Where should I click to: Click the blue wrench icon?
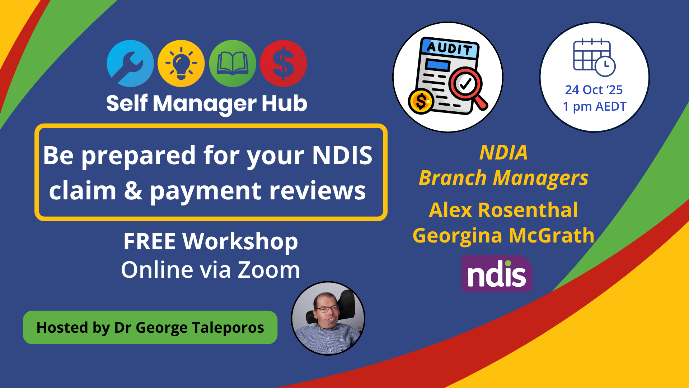(x=130, y=64)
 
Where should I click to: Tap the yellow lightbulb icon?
(x=181, y=64)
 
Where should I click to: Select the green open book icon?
(x=233, y=64)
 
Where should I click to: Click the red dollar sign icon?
(x=283, y=64)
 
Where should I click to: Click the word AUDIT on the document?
(x=450, y=48)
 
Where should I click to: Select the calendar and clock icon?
(x=594, y=57)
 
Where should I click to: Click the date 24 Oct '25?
(x=594, y=90)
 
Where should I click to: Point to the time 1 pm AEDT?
(x=595, y=107)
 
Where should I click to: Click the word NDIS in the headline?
(x=342, y=156)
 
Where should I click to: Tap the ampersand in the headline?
(x=133, y=190)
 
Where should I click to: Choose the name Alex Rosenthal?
(x=503, y=210)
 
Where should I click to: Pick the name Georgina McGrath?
(x=503, y=236)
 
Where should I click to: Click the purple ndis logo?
(x=497, y=273)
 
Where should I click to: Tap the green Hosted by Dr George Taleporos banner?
(x=150, y=328)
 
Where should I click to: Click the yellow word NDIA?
(x=503, y=152)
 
